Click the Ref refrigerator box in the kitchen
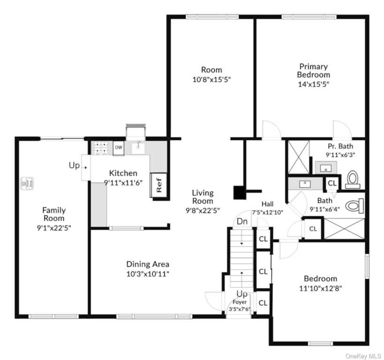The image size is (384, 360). click(158, 185)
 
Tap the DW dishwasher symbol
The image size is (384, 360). click(119, 148)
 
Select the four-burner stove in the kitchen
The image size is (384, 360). click(101, 148)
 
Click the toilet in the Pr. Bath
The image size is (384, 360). click(353, 180)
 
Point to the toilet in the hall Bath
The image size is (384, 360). click(354, 206)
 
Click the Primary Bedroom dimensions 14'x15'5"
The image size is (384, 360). click(313, 84)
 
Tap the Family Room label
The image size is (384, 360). click(54, 214)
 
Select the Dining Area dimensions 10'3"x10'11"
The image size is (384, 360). click(148, 274)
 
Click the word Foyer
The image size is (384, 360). click(240, 302)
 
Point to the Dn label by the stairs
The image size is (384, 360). click(242, 221)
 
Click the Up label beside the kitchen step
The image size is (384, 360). click(74, 165)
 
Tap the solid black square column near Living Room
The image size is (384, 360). click(240, 193)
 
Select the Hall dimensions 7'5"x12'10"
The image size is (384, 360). click(267, 212)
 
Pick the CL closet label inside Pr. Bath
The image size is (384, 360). click(332, 183)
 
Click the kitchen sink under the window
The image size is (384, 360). click(138, 148)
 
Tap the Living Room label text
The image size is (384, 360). click(203, 197)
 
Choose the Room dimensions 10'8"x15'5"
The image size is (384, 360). click(211, 80)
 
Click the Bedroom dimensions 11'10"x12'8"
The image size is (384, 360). click(320, 288)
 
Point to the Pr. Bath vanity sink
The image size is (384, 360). click(326, 168)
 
